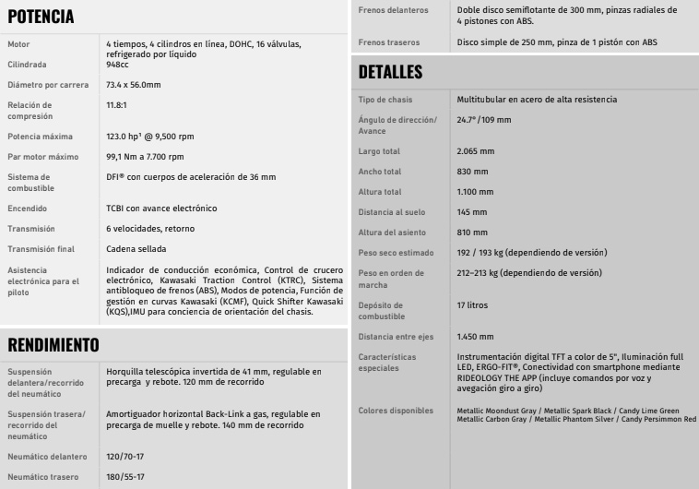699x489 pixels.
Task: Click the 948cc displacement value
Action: point(121,65)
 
